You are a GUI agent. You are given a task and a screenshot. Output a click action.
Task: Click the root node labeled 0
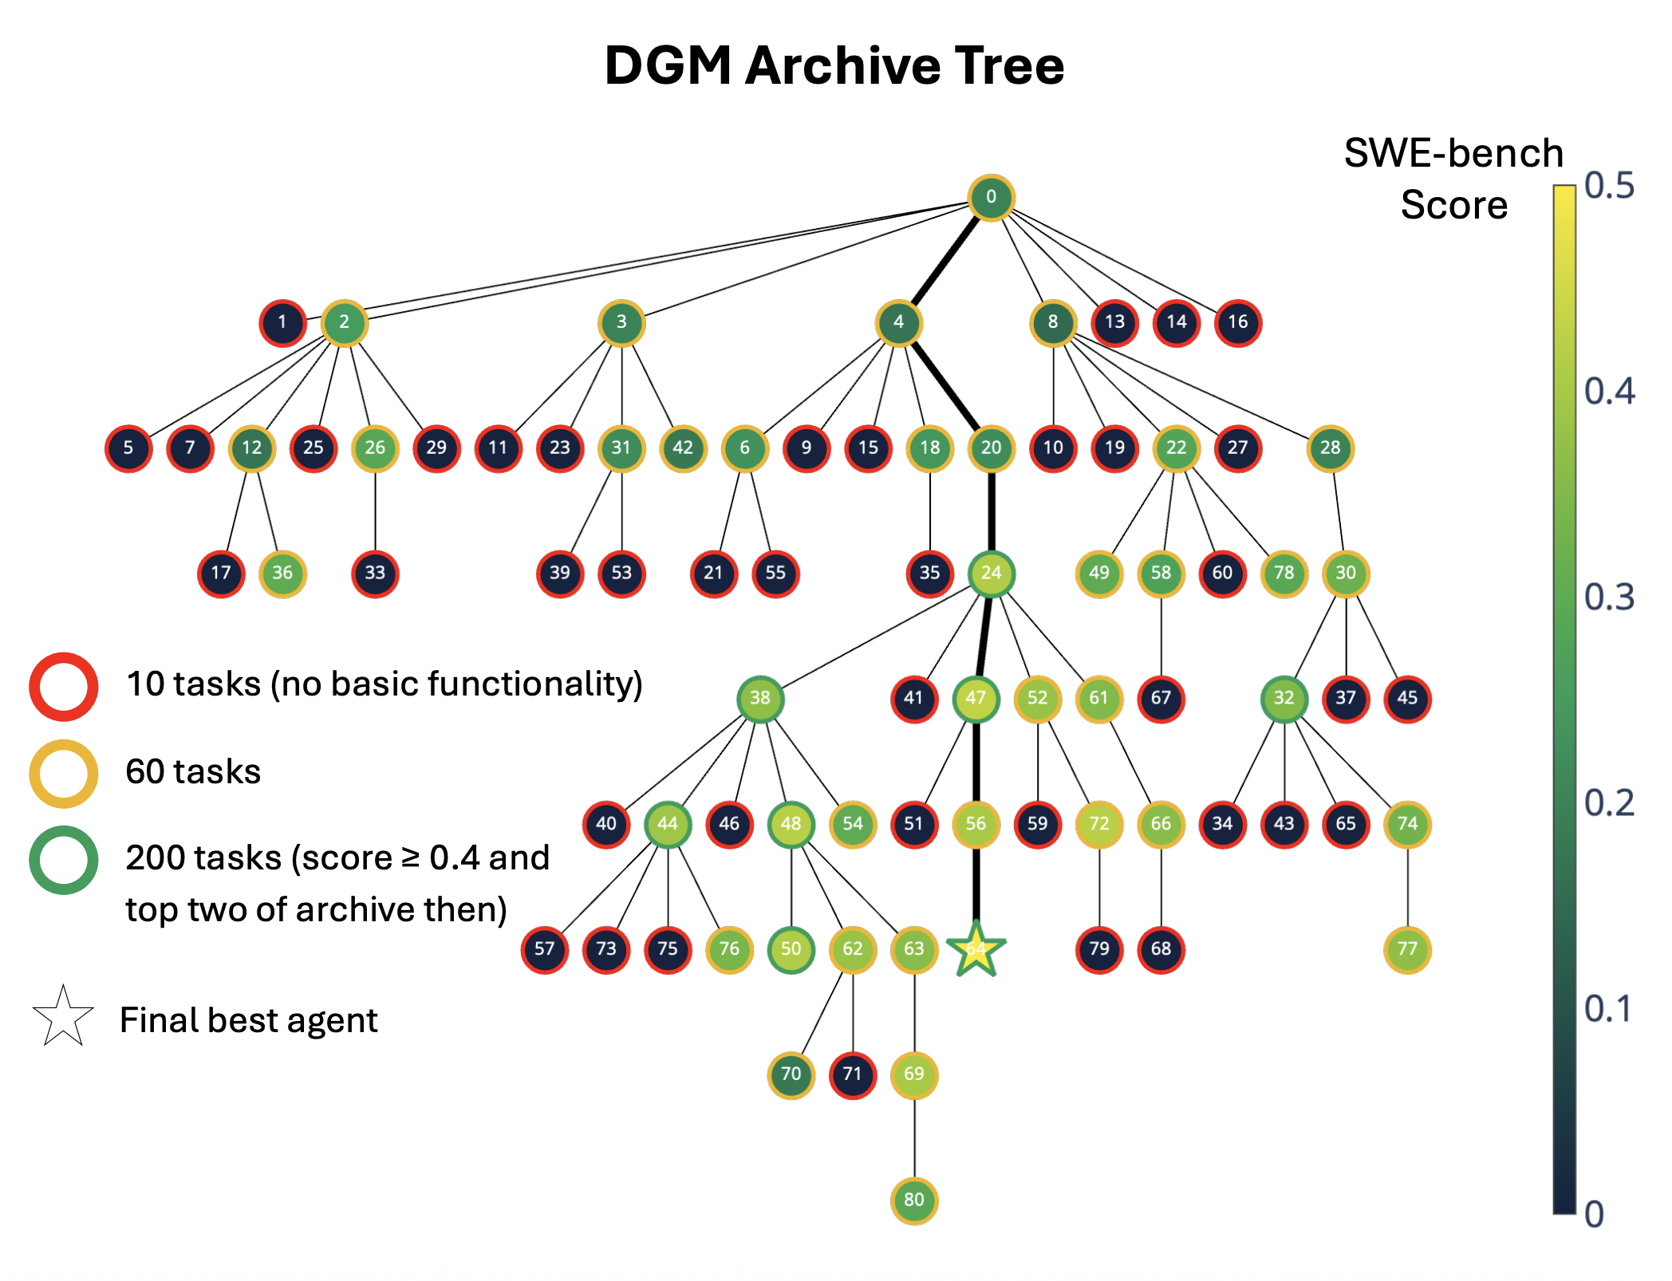coord(991,197)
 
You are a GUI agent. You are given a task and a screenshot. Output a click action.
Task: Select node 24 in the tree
coord(991,573)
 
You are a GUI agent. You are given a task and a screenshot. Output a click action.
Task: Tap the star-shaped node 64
coord(976,949)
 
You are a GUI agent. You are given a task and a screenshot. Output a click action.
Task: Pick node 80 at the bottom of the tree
coord(914,1200)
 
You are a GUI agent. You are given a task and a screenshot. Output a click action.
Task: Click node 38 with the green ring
coord(760,698)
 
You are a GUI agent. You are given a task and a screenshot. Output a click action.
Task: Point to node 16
coord(1238,322)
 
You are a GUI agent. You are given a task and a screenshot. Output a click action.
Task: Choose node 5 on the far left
coord(128,447)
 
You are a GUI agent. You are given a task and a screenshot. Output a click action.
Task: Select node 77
coord(1407,949)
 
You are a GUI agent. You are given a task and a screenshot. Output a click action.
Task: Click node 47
coord(976,698)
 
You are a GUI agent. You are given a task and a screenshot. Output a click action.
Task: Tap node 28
coord(1330,447)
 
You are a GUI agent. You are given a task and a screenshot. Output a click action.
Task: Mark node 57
coord(545,949)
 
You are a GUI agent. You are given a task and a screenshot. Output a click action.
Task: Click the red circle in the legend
coord(64,687)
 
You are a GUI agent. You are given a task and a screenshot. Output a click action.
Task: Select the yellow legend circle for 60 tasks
coord(64,773)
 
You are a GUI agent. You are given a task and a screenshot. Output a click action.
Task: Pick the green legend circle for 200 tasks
coord(64,860)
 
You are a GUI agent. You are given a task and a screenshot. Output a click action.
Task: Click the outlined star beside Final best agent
coord(63,1017)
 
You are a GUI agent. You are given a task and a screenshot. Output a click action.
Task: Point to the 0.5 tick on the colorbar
coord(1609,186)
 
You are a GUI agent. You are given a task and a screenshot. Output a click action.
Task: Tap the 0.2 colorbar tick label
coord(1609,803)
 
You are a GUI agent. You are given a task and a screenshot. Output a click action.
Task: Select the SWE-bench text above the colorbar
coord(1453,153)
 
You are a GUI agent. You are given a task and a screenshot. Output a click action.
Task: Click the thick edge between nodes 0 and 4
coord(945,259)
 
